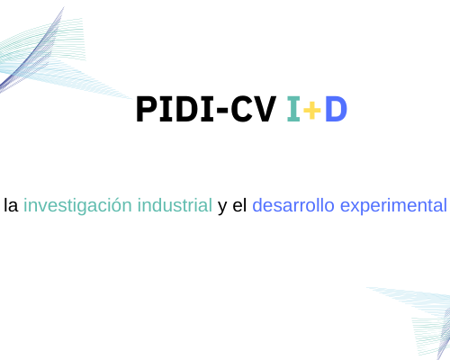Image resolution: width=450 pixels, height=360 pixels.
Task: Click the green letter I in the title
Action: pos(293,109)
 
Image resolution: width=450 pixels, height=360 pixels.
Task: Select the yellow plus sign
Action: pos(312,110)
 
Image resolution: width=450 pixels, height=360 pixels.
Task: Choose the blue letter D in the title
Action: pos(337,109)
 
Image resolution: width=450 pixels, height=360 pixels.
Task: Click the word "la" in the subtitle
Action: pos(11,205)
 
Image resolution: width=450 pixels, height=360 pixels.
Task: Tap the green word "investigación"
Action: pos(77,206)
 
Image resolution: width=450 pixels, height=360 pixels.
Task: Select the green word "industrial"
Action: pos(175,205)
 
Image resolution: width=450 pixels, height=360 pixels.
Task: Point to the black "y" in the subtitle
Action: pos(222,208)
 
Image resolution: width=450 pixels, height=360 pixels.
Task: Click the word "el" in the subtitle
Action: pos(239,205)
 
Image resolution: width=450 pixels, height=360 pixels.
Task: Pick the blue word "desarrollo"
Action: pos(293,205)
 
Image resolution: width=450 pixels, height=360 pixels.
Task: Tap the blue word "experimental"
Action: pos(393,206)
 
